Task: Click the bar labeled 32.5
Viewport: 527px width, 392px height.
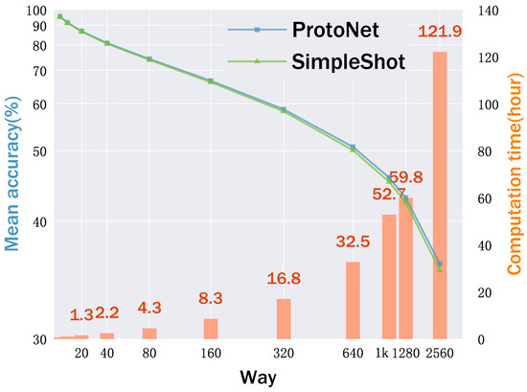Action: (353, 300)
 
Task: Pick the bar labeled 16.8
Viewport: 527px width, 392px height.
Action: (284, 318)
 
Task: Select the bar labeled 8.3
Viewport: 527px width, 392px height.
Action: (211, 329)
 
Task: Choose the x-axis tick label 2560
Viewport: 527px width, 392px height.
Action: (440, 354)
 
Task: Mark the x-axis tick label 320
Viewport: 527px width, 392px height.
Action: (284, 354)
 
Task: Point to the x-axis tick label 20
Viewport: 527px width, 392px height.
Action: (81, 354)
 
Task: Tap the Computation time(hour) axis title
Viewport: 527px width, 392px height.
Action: (515, 177)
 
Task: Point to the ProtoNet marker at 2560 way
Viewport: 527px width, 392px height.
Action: (440, 264)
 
